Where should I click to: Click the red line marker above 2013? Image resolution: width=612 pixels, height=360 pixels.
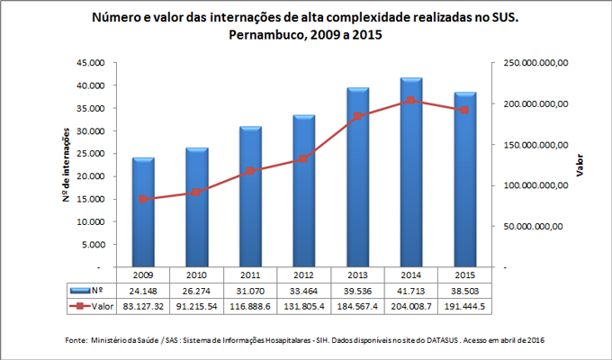coord(356,116)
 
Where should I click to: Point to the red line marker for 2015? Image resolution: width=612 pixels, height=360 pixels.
coord(463,110)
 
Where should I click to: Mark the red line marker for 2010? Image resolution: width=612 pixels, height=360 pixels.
coord(196,192)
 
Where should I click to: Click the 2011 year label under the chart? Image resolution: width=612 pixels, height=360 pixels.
coord(250,274)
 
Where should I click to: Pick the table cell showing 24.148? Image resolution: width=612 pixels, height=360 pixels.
coord(143,291)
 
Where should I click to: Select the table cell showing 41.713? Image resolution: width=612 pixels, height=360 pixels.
coord(409,291)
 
